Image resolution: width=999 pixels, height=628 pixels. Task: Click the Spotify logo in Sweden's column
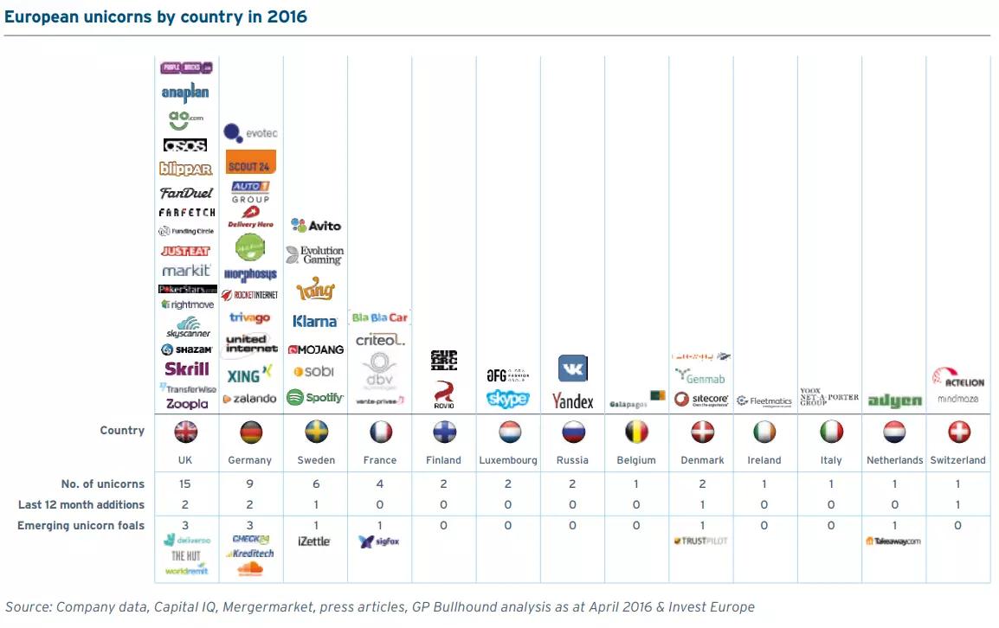coord(315,398)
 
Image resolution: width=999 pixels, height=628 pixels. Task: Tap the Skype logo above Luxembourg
coord(508,399)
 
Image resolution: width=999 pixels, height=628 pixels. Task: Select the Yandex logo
coord(573,401)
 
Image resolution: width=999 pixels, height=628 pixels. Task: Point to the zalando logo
coord(249,399)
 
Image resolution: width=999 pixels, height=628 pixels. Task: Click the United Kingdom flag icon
coord(186,432)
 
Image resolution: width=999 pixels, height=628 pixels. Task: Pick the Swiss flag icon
coord(957,432)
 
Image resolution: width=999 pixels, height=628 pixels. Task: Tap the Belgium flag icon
coord(637,432)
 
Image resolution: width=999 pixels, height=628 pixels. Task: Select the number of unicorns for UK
coord(186,484)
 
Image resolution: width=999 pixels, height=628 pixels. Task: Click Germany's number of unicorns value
coord(250,484)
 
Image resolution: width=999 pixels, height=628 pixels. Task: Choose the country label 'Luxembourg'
coord(508,460)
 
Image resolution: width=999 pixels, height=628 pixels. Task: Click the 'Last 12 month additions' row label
coord(81,504)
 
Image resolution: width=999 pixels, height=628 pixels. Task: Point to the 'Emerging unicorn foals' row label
coord(81,525)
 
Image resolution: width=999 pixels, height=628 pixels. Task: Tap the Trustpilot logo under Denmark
coord(700,541)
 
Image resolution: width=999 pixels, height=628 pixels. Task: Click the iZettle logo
coord(314,541)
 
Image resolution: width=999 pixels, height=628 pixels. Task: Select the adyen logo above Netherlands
coord(894,401)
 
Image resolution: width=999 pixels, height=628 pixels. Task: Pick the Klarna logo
coord(315,321)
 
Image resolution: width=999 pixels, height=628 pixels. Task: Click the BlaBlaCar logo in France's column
coord(380,317)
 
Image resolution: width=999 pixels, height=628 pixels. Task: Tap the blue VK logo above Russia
coord(573,368)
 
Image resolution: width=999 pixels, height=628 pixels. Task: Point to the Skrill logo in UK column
coord(187,368)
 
